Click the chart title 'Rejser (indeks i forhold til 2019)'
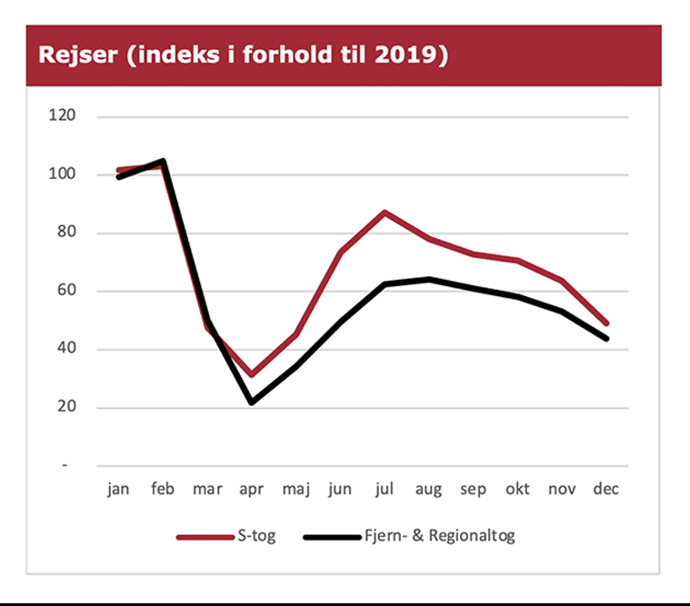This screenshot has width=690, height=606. (243, 55)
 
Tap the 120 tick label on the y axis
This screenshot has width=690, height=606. (63, 116)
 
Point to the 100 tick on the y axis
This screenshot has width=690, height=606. (63, 174)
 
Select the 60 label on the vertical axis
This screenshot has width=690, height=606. (65, 292)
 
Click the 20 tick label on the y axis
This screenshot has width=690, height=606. (65, 408)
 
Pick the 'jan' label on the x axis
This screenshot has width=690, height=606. (118, 490)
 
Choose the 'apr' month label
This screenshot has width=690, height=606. (251, 490)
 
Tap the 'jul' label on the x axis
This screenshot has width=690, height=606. (385, 490)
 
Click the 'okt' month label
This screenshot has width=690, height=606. (517, 490)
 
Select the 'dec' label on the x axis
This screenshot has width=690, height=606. (606, 490)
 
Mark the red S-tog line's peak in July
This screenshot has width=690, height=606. (385, 212)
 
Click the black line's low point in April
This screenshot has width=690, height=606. (251, 402)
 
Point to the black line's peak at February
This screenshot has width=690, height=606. (163, 161)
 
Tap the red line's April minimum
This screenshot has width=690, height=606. (251, 374)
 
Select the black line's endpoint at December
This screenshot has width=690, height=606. (606, 338)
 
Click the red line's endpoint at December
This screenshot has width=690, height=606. (606, 323)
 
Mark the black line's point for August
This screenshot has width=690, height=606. (429, 279)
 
